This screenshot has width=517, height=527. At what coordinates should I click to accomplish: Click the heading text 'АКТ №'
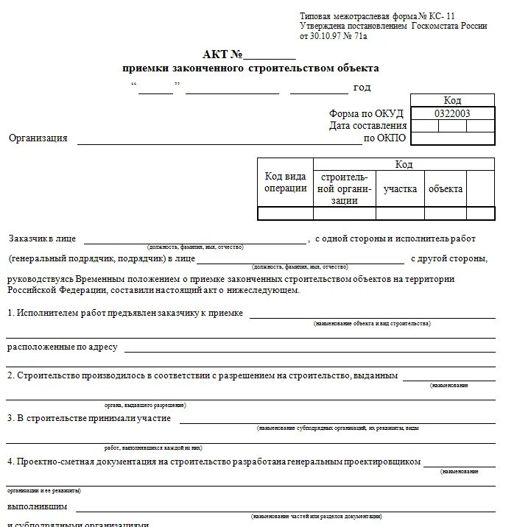(222, 54)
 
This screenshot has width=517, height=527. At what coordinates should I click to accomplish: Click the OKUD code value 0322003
(452, 113)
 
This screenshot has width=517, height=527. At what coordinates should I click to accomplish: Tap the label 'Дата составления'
(368, 126)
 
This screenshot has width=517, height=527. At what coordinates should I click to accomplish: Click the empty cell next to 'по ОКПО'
(452, 138)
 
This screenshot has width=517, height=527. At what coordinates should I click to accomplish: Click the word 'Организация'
(38, 138)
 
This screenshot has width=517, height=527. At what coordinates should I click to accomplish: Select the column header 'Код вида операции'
(285, 182)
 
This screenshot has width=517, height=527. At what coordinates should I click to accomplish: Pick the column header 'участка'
(400, 189)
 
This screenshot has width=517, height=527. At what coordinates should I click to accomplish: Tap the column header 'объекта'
(446, 189)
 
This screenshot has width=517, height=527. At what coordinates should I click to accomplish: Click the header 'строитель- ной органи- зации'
(344, 189)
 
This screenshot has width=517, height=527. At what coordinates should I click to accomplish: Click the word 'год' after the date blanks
(362, 88)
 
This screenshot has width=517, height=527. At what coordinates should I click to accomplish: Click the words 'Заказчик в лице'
(42, 238)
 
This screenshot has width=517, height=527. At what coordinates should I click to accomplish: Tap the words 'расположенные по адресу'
(63, 347)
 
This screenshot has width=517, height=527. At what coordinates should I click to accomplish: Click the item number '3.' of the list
(11, 418)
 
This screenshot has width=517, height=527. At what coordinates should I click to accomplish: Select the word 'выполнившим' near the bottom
(38, 506)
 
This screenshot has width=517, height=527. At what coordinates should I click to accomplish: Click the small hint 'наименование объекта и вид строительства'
(372, 323)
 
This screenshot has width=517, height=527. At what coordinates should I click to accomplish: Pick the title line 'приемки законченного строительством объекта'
(250, 68)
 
